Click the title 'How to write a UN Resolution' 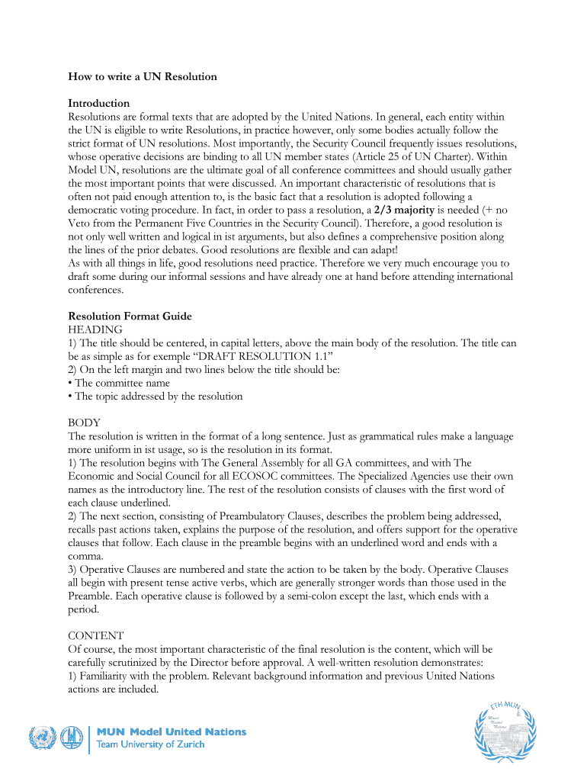tap(143, 76)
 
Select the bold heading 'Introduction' tap(98, 103)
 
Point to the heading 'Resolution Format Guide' tap(130, 316)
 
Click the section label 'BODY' tap(85, 423)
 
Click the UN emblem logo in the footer tap(43, 738)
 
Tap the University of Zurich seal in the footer tap(72, 738)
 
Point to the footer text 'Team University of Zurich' tap(150, 744)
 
